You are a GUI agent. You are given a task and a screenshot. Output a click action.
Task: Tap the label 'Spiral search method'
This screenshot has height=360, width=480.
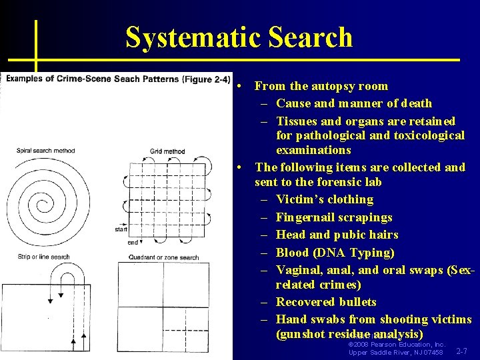pyautogui.click(x=45, y=151)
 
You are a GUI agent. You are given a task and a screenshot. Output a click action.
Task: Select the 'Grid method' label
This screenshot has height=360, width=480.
pyautogui.click(x=167, y=151)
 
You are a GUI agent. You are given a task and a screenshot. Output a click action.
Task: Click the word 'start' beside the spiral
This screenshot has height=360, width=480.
pyautogui.click(x=121, y=229)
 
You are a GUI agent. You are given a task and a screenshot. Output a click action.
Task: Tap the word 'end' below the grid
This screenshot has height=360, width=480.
pyautogui.click(x=133, y=242)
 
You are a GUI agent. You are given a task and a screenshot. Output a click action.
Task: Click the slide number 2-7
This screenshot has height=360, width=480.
pyautogui.click(x=461, y=351)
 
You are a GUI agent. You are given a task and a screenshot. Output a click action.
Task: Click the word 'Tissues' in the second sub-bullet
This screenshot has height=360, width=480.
pyautogui.click(x=297, y=121)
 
